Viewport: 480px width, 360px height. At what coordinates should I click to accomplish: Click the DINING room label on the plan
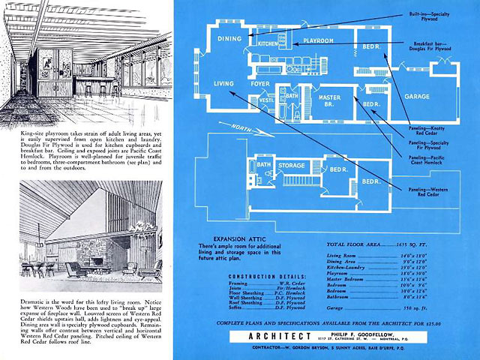pos(229,38)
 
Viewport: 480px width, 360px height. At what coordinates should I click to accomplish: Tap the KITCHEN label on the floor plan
pos(268,44)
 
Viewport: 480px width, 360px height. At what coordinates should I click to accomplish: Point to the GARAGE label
pos(416,97)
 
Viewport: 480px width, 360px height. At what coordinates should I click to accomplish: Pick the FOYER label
pos(260,84)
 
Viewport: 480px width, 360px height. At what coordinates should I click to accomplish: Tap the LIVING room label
pos(224,83)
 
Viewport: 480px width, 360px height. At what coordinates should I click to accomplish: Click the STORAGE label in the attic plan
pos(291,166)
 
